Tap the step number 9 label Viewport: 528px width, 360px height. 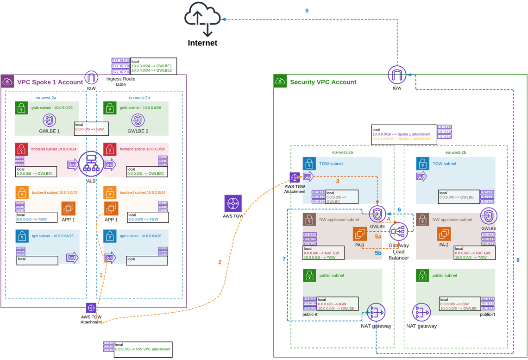tap(307, 11)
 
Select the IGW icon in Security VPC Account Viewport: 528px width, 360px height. tap(397, 74)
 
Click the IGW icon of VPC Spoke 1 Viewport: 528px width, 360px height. tap(91, 77)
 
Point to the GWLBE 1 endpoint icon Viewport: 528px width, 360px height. tap(49, 120)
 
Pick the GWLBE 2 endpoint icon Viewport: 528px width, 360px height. tap(138, 120)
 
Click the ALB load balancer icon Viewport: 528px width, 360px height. tap(91, 164)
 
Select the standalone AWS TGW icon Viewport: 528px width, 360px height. tap(233, 203)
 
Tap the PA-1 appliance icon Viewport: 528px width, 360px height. tap(360, 234)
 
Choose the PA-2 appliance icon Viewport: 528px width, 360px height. tap(444, 234)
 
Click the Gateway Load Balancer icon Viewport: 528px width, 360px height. tap(399, 232)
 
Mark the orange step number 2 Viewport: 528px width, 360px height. tap(220, 262)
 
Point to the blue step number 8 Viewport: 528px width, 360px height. tap(518, 260)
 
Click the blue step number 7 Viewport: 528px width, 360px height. tap(284, 259)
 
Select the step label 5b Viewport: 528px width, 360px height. tap(378, 253)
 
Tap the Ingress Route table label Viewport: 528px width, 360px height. tap(121, 82)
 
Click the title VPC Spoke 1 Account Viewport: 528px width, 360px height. tap(50, 82)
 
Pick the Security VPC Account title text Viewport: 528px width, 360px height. tap(323, 82)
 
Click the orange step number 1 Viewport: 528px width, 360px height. tap(101, 275)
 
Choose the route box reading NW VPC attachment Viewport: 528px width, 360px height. tap(143, 349)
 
